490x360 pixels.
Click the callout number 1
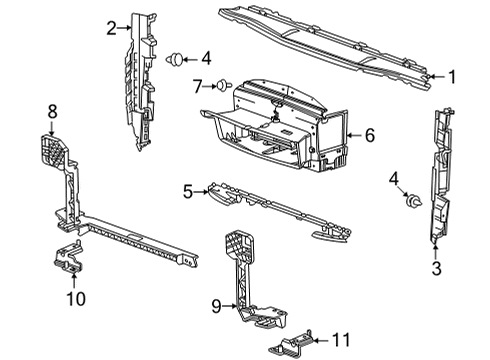(x=452, y=77)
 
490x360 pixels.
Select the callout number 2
(x=112, y=28)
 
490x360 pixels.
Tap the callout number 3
(x=436, y=268)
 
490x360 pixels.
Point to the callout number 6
(x=370, y=135)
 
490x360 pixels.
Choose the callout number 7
(x=198, y=87)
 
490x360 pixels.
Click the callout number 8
(x=52, y=111)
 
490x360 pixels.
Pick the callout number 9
(x=217, y=306)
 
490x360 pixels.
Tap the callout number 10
(x=76, y=298)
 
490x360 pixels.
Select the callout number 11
(x=342, y=340)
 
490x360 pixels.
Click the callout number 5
(x=188, y=192)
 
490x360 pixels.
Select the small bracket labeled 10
(x=69, y=258)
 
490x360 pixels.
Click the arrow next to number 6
(x=354, y=135)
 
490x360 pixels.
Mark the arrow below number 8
(x=52, y=128)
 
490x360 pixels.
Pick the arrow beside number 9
(x=230, y=306)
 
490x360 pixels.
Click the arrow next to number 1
(x=437, y=77)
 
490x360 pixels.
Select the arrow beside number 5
(x=202, y=192)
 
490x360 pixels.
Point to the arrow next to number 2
(x=125, y=28)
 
